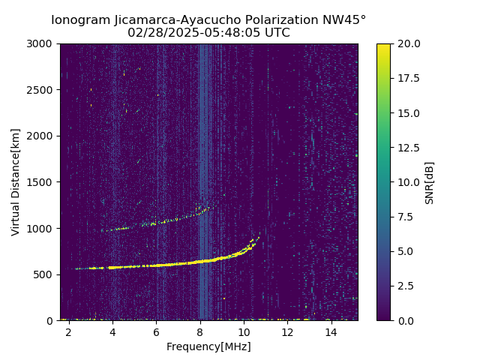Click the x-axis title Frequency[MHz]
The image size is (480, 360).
208,346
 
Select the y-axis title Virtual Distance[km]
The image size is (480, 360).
16,181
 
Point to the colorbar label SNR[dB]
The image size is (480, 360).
430,182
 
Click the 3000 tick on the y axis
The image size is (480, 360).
40,44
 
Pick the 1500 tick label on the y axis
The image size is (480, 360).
40,182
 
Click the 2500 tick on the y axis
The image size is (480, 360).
40,90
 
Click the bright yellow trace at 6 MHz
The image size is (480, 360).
156,265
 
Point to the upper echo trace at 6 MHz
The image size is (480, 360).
156,223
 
